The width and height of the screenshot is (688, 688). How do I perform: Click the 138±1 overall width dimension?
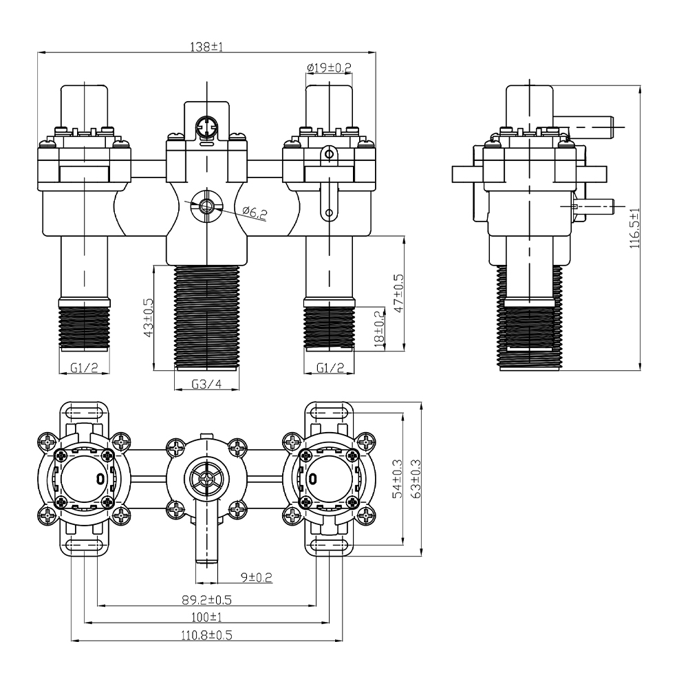[206, 47]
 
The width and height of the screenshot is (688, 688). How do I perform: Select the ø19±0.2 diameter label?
[329, 67]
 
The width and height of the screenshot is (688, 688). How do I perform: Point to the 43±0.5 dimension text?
[149, 318]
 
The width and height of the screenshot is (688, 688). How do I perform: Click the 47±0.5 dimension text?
[399, 293]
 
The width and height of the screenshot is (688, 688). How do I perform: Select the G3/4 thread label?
[206, 385]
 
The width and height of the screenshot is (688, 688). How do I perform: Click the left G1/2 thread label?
[84, 367]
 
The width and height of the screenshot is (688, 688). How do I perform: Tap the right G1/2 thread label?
[330, 367]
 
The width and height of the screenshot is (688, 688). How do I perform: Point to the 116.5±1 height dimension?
[635, 228]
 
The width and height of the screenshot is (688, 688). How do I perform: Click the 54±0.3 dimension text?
[398, 478]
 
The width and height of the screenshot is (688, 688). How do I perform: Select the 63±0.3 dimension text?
[416, 478]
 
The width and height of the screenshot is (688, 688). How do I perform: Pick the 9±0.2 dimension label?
[257, 577]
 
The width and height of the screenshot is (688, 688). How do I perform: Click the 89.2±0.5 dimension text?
[206, 599]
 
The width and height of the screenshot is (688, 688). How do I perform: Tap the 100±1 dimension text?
[206, 617]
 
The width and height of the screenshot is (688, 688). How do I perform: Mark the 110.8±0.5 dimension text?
[206, 635]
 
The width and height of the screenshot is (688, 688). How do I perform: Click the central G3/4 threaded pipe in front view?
[207, 316]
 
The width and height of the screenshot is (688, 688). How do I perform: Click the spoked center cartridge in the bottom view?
[206, 479]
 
